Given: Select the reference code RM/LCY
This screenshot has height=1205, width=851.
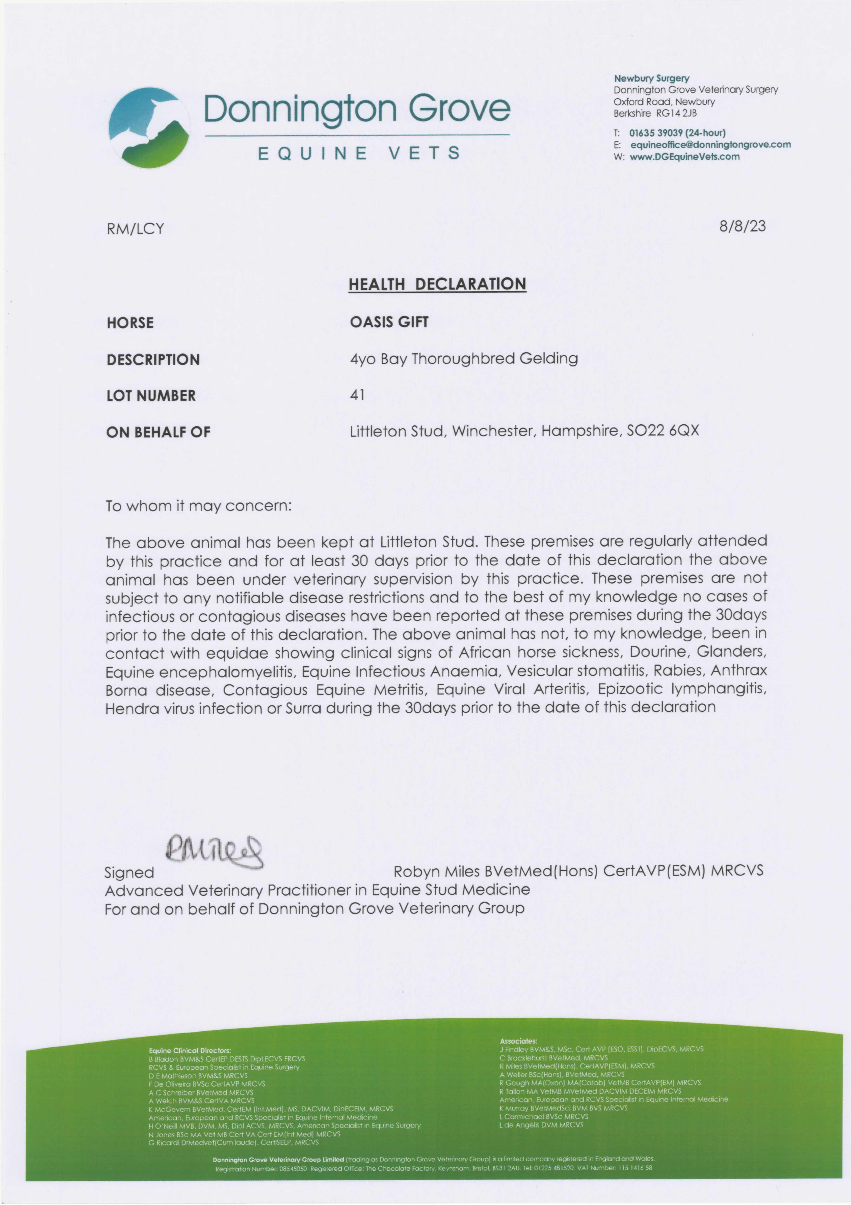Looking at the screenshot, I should click(x=135, y=229).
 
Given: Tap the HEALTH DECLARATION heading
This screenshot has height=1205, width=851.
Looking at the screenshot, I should click(x=437, y=284).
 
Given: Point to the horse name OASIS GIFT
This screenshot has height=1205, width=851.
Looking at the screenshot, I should click(x=389, y=322).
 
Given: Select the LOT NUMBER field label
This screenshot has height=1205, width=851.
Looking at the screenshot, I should click(x=151, y=396).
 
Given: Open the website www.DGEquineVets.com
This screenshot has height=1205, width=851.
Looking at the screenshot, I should click(x=685, y=156).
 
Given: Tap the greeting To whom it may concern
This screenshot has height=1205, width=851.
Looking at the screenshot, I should click(x=198, y=506).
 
